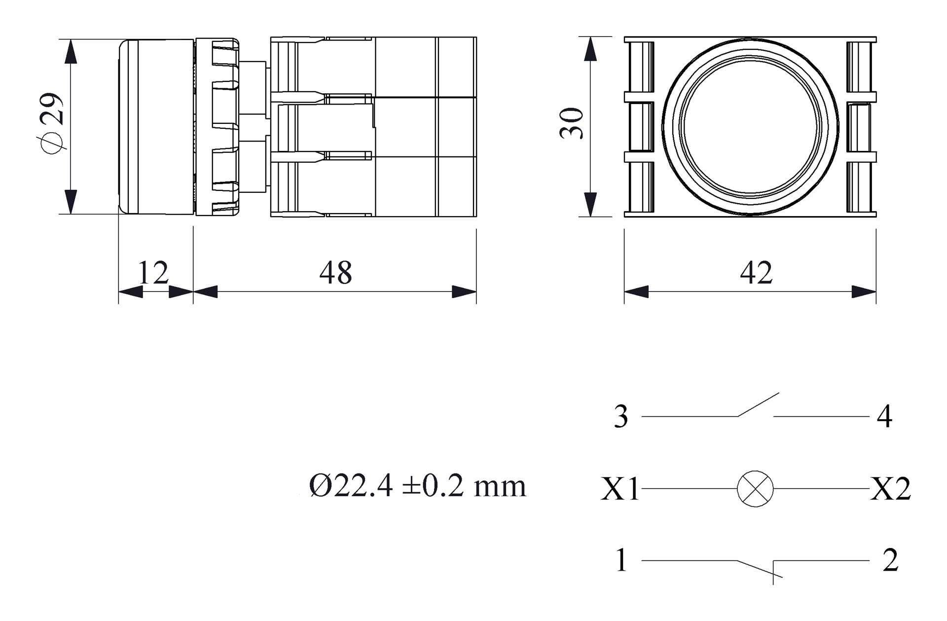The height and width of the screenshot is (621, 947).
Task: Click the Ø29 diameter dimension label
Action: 52,123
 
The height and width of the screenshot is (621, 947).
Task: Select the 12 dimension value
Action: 153,273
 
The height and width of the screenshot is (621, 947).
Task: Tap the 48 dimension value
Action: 335,273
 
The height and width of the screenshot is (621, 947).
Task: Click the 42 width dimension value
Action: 756,273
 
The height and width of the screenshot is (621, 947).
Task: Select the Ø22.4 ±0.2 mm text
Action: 418,486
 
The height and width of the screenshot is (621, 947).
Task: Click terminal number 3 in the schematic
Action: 621,417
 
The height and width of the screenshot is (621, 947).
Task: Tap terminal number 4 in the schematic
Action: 884,417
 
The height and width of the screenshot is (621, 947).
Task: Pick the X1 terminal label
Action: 620,490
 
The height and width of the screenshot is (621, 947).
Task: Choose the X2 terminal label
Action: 890,490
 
